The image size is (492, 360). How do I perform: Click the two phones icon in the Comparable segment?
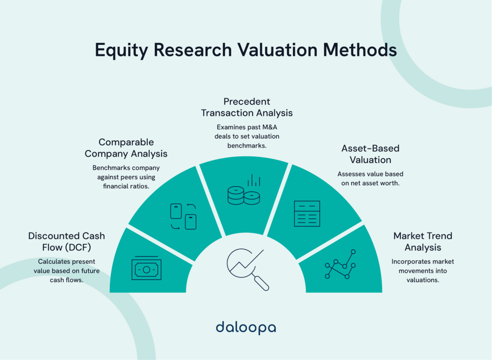click(x=184, y=216)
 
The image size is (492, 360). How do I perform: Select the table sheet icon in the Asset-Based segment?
click(x=307, y=213)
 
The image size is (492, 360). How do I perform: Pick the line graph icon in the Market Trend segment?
click(x=340, y=264)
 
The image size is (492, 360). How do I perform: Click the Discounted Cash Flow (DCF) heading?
click(x=66, y=242)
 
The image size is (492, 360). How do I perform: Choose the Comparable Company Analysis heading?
click(x=126, y=148)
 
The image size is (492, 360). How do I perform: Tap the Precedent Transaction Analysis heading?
click(x=246, y=107)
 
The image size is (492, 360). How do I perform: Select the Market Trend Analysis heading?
click(x=422, y=242)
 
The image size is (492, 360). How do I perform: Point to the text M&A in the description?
click(x=269, y=127)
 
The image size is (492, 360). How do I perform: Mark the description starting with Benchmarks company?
click(x=126, y=177)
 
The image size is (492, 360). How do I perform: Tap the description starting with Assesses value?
click(x=370, y=178)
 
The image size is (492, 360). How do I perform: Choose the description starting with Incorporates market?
click(x=422, y=271)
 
